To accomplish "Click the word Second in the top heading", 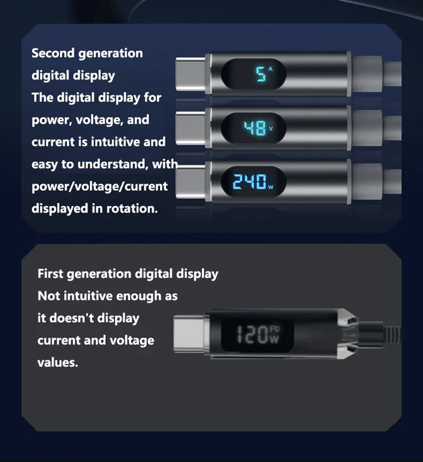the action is coord(53,53).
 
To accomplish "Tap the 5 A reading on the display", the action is coord(264,73).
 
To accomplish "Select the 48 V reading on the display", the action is coord(258,128).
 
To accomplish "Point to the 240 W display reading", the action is coord(253,182).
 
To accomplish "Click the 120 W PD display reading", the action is coord(258,335).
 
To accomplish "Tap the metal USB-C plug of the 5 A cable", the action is coord(191,73).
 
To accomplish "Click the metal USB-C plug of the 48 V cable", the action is coord(191,128).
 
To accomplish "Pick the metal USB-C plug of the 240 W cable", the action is coord(191,181).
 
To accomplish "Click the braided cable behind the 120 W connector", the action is coord(392,335).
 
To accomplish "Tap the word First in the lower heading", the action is coord(50,274).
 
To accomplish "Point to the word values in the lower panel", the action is coord(58,363).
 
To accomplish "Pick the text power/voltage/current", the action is coord(99,187).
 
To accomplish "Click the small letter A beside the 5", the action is coord(270,69).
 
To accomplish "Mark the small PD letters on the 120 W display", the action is coord(275,329).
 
